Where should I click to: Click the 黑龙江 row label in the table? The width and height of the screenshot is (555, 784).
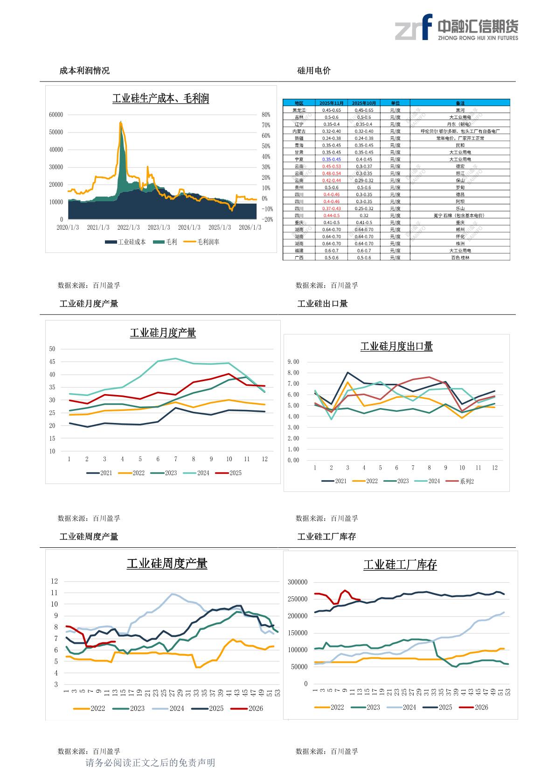pos(299,110)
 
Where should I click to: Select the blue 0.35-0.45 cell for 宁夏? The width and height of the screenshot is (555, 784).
pos(332,159)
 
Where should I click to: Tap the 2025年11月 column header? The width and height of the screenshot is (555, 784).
pos(332,103)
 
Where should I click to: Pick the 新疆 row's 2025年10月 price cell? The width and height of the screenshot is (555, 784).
pos(364,138)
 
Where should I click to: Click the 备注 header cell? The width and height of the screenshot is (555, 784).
pos(460,103)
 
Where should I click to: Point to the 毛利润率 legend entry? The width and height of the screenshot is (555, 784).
pos(201,242)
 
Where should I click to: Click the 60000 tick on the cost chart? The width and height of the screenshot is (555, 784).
pos(56,115)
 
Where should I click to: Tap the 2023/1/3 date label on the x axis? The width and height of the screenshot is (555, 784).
pos(159,227)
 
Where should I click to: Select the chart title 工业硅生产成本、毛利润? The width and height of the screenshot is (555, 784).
pos(160,99)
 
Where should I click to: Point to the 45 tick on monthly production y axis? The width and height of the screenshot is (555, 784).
pos(52,362)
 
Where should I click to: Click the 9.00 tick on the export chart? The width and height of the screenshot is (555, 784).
pos(293,362)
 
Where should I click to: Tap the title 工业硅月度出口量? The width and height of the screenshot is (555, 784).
pos(396,347)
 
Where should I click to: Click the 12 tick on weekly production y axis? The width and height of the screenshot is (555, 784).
pos(55,581)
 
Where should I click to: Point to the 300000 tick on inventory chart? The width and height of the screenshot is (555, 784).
pos(298,582)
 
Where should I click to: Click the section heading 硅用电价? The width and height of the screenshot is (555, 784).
pos(314,71)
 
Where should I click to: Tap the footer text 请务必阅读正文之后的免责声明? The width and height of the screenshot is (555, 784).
pos(151,763)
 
